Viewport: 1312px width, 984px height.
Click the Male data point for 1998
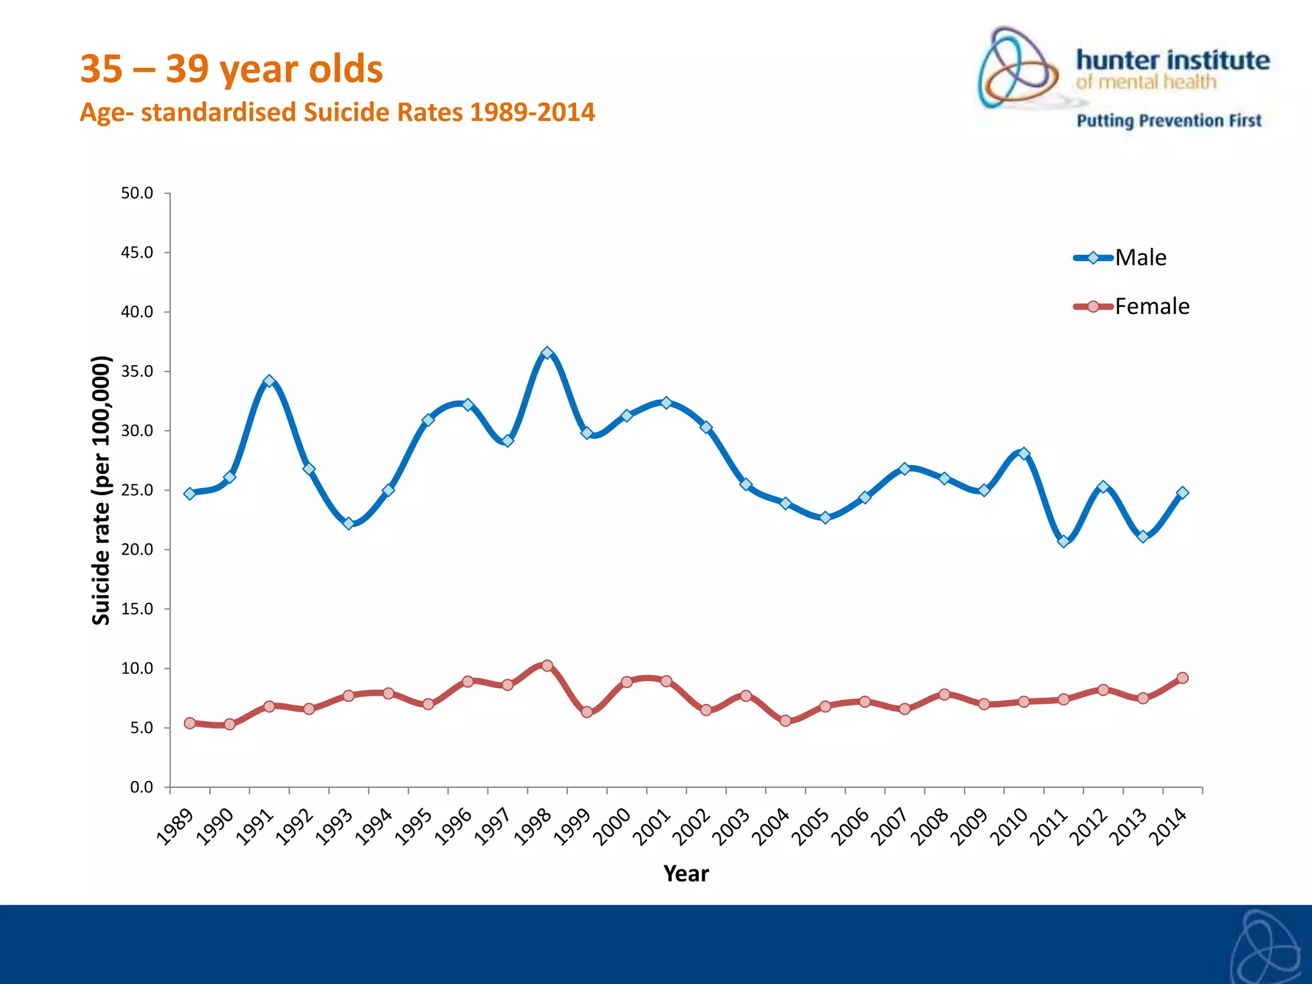point(547,353)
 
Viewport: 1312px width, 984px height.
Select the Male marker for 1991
point(269,381)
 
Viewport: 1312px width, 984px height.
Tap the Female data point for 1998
point(547,666)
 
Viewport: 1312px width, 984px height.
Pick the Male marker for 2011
point(1063,541)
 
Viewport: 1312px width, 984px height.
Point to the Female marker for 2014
point(1183,678)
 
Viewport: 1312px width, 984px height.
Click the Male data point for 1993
point(348,523)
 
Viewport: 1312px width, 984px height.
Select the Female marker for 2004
point(785,721)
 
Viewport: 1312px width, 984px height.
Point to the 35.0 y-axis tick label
point(137,372)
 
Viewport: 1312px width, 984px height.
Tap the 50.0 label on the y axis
point(137,193)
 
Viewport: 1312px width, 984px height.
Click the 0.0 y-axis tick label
point(141,787)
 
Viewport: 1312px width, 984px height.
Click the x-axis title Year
point(686,874)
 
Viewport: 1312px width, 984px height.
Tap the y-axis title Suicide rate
point(101,490)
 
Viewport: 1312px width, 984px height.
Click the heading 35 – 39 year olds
point(231,69)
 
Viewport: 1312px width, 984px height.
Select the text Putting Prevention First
point(1168,120)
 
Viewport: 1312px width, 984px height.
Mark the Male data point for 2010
point(1024,454)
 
